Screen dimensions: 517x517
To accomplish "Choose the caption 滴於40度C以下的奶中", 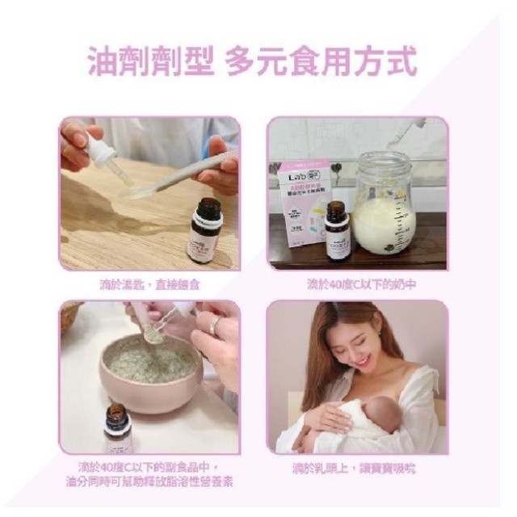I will click(357, 285).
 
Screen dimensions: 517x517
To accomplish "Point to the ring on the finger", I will click(215, 326).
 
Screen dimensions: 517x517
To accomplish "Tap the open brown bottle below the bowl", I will click(117, 428).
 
